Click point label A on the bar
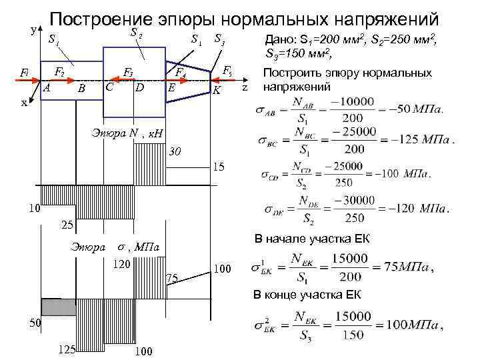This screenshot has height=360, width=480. click(x=47, y=87)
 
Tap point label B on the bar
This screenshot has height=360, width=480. click(x=81, y=88)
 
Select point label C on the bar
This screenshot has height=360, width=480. click(x=109, y=87)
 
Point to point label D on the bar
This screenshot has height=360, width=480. click(x=139, y=87)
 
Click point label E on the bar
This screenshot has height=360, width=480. click(x=171, y=88)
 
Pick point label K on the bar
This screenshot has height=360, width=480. click(x=217, y=89)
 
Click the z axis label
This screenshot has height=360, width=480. click(x=245, y=87)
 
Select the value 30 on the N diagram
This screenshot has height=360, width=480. click(x=175, y=151)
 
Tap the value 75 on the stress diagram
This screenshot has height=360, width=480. click(x=172, y=278)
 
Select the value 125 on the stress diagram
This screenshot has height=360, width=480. click(x=67, y=349)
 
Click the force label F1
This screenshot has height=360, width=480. click(x=25, y=71)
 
